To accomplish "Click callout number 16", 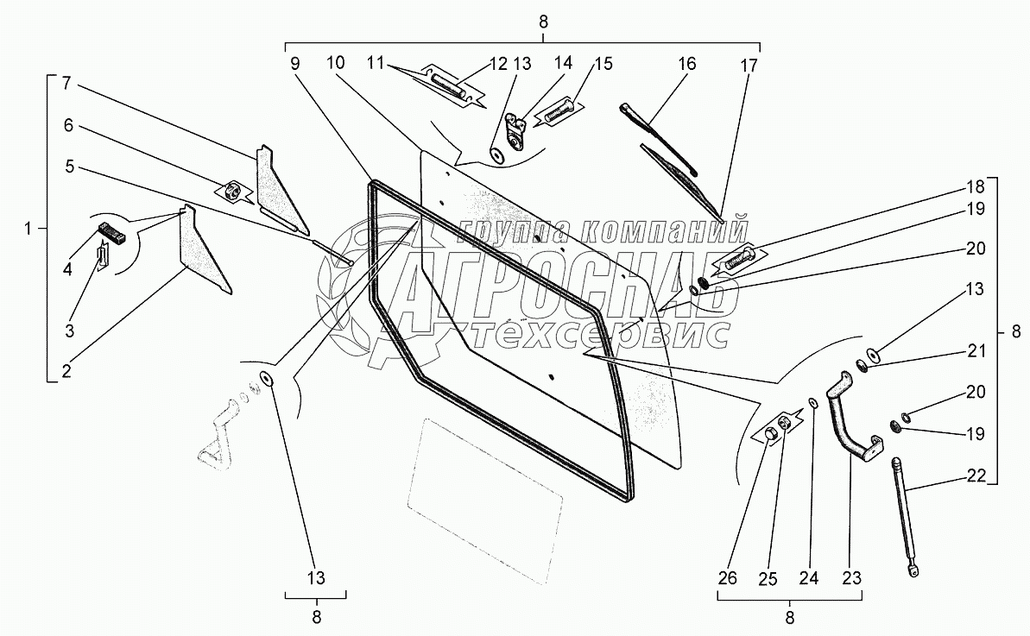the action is tap(686, 64).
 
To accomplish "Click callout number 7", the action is tap(68, 84).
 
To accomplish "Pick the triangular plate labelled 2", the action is tap(203, 250).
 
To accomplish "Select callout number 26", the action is tap(727, 577).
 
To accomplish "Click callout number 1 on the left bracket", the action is tap(30, 229).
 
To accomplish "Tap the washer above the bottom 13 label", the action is tap(266, 379).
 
